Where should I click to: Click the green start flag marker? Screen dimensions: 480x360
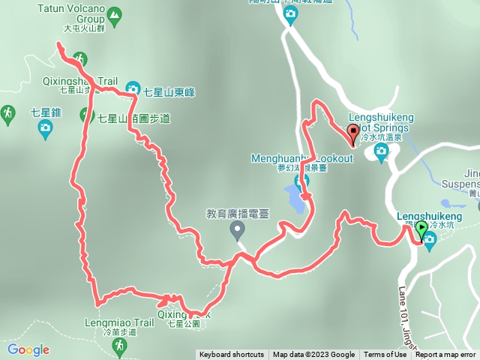(422, 229)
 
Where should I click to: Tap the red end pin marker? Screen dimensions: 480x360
(352, 133)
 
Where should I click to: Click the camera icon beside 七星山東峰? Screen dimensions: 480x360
(133, 88)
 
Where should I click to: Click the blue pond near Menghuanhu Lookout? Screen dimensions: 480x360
(295, 200)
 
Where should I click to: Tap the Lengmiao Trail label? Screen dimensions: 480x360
(124, 323)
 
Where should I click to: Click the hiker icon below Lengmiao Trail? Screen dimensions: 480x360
(118, 345)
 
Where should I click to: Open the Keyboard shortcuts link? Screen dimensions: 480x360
(231, 355)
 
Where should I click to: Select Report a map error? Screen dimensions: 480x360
(445, 355)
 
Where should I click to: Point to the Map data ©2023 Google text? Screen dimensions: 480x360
(313, 355)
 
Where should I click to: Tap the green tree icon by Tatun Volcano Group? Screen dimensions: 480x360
(113, 14)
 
